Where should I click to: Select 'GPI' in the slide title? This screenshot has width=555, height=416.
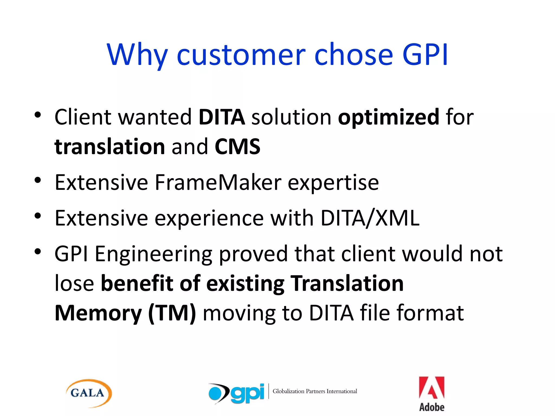pos(425,55)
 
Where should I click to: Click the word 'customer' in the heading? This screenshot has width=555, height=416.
pos(241,56)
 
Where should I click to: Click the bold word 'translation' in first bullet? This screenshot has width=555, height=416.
pos(110,147)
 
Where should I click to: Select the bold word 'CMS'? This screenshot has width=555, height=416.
pos(237,147)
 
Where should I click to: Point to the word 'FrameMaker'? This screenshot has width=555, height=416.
pos(218,183)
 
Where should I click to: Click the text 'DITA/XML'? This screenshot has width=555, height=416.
pos(370,218)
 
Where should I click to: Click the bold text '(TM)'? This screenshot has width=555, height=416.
pos(172,313)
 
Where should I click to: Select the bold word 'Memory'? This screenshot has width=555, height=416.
pos(98,313)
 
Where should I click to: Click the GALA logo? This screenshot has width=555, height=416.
pos(89,393)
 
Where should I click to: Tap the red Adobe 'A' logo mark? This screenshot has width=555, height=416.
pos(431,388)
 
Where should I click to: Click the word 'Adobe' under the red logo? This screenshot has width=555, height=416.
pos(432,407)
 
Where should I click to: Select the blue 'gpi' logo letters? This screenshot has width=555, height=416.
pos(247,393)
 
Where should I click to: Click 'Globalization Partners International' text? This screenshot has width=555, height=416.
pos(315,391)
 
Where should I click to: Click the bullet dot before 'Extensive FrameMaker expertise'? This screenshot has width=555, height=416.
pos(38,180)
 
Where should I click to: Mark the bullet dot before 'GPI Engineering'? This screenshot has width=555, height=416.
pos(38,252)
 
